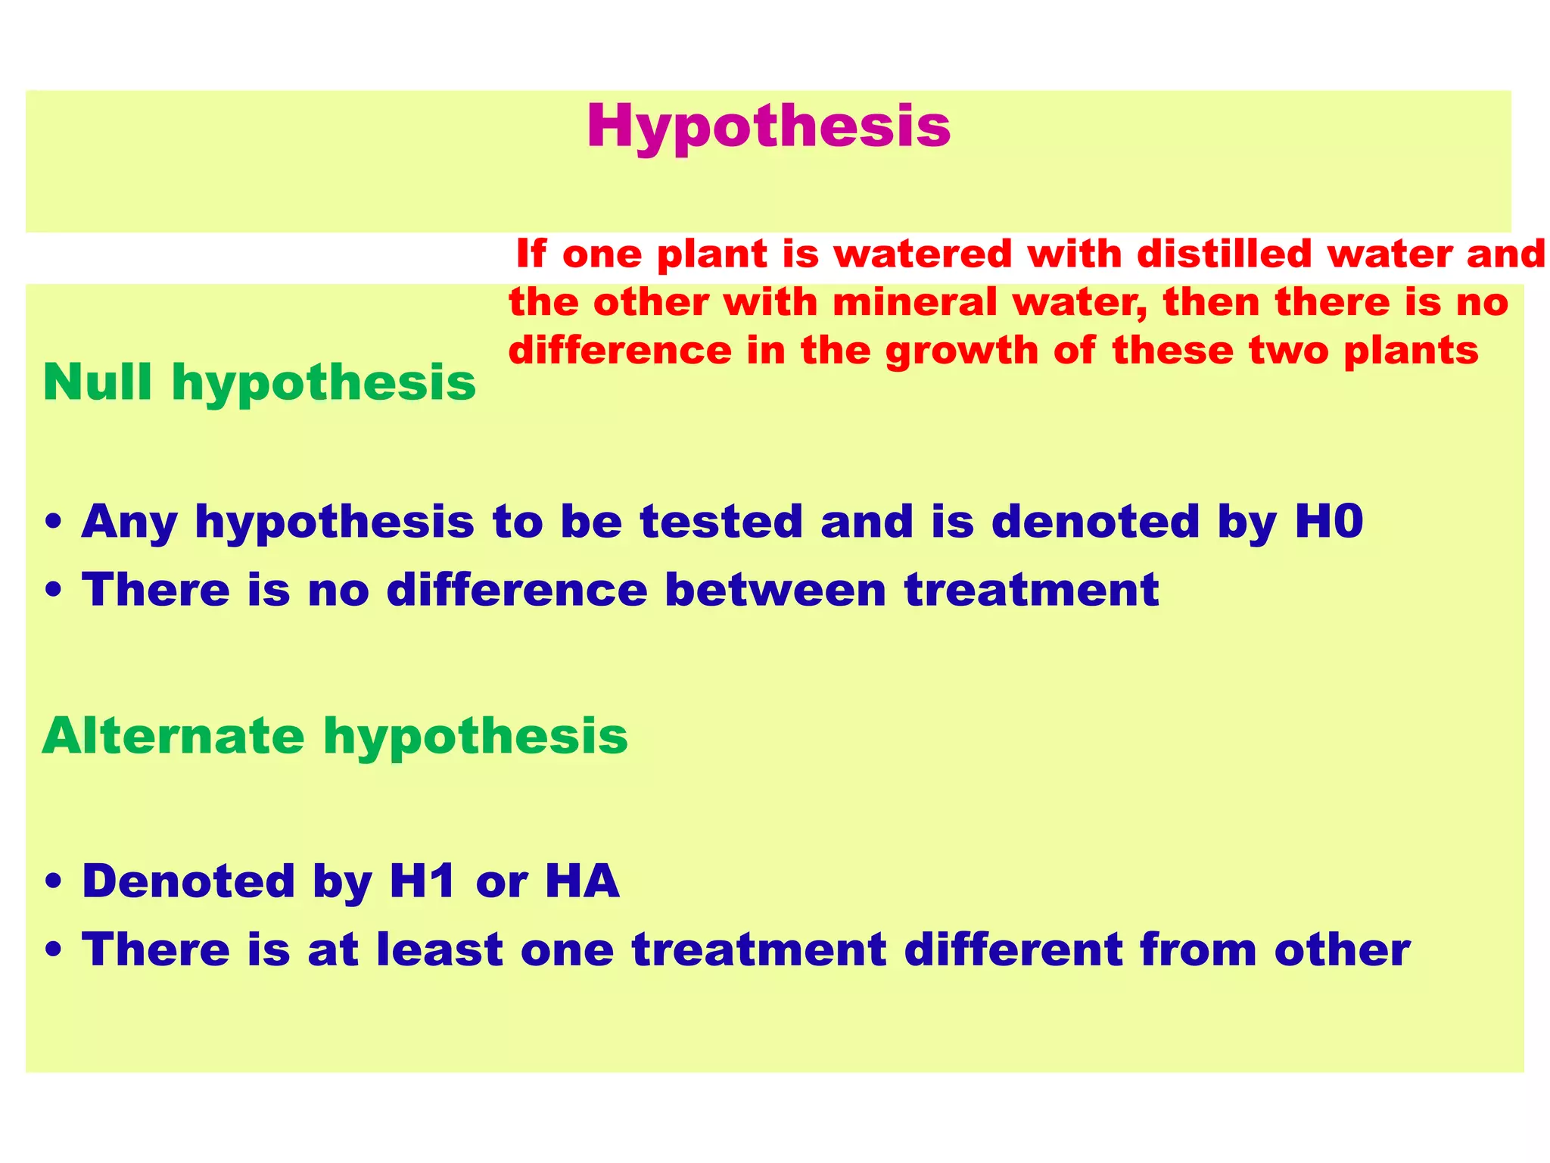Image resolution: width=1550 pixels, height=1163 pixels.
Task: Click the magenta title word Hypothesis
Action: pos(767,127)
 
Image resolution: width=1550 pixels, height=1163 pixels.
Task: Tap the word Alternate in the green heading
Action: pos(173,735)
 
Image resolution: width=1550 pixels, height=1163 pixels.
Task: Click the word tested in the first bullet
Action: pos(721,522)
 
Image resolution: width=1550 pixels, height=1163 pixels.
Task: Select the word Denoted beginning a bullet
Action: pos(188,881)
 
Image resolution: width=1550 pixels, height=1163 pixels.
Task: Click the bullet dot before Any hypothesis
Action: pos(53,523)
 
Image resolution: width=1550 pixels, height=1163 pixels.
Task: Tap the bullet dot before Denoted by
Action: pos(53,883)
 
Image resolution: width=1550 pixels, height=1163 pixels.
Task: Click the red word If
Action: pos(531,254)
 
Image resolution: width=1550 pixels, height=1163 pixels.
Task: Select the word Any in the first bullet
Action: pos(129,523)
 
